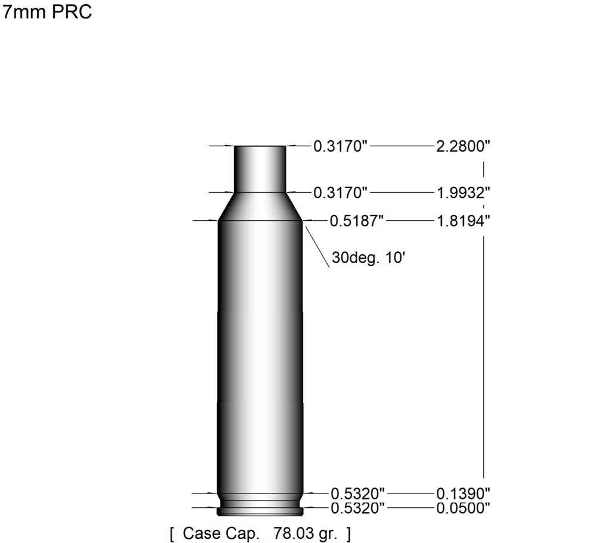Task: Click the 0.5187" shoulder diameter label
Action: pos(356,221)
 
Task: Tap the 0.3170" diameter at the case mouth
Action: pos(340,147)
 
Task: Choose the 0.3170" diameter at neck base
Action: pos(340,193)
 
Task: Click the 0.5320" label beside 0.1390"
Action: pos(357,493)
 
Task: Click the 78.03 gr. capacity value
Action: pos(304,532)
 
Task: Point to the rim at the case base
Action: pos(260,511)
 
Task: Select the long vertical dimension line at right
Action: pos(483,358)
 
